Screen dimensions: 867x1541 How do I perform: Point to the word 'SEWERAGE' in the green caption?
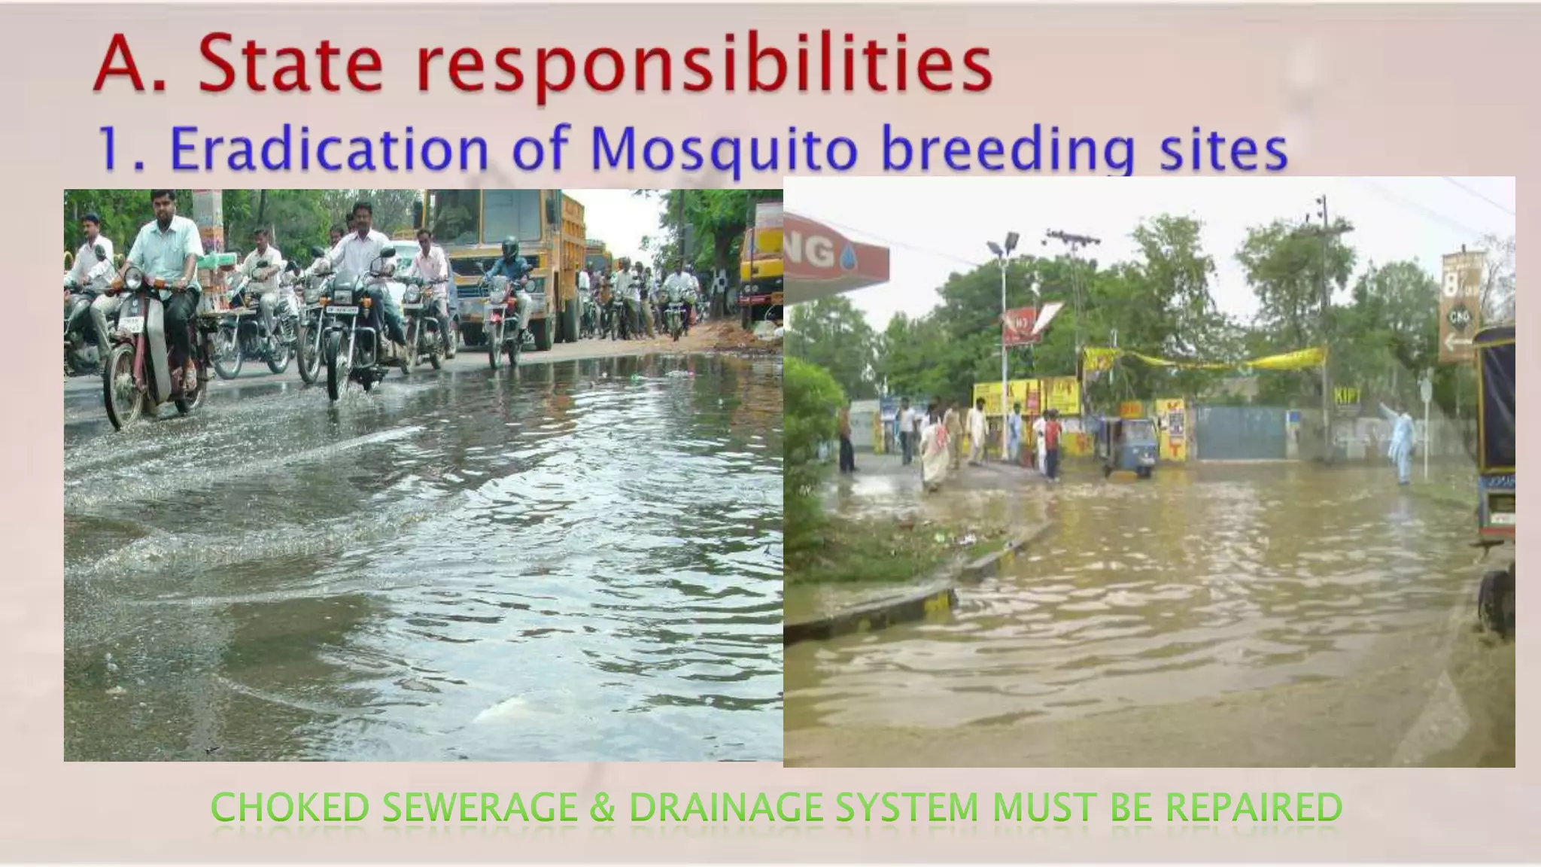479,808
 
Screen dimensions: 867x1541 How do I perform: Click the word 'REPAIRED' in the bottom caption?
1254,808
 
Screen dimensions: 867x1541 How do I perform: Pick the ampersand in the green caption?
602,808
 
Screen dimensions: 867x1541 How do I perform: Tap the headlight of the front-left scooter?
132,279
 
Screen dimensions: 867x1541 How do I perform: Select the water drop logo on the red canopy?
847,255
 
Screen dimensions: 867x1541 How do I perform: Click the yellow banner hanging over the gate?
1204,360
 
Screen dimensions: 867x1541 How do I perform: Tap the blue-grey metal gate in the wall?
1239,433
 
